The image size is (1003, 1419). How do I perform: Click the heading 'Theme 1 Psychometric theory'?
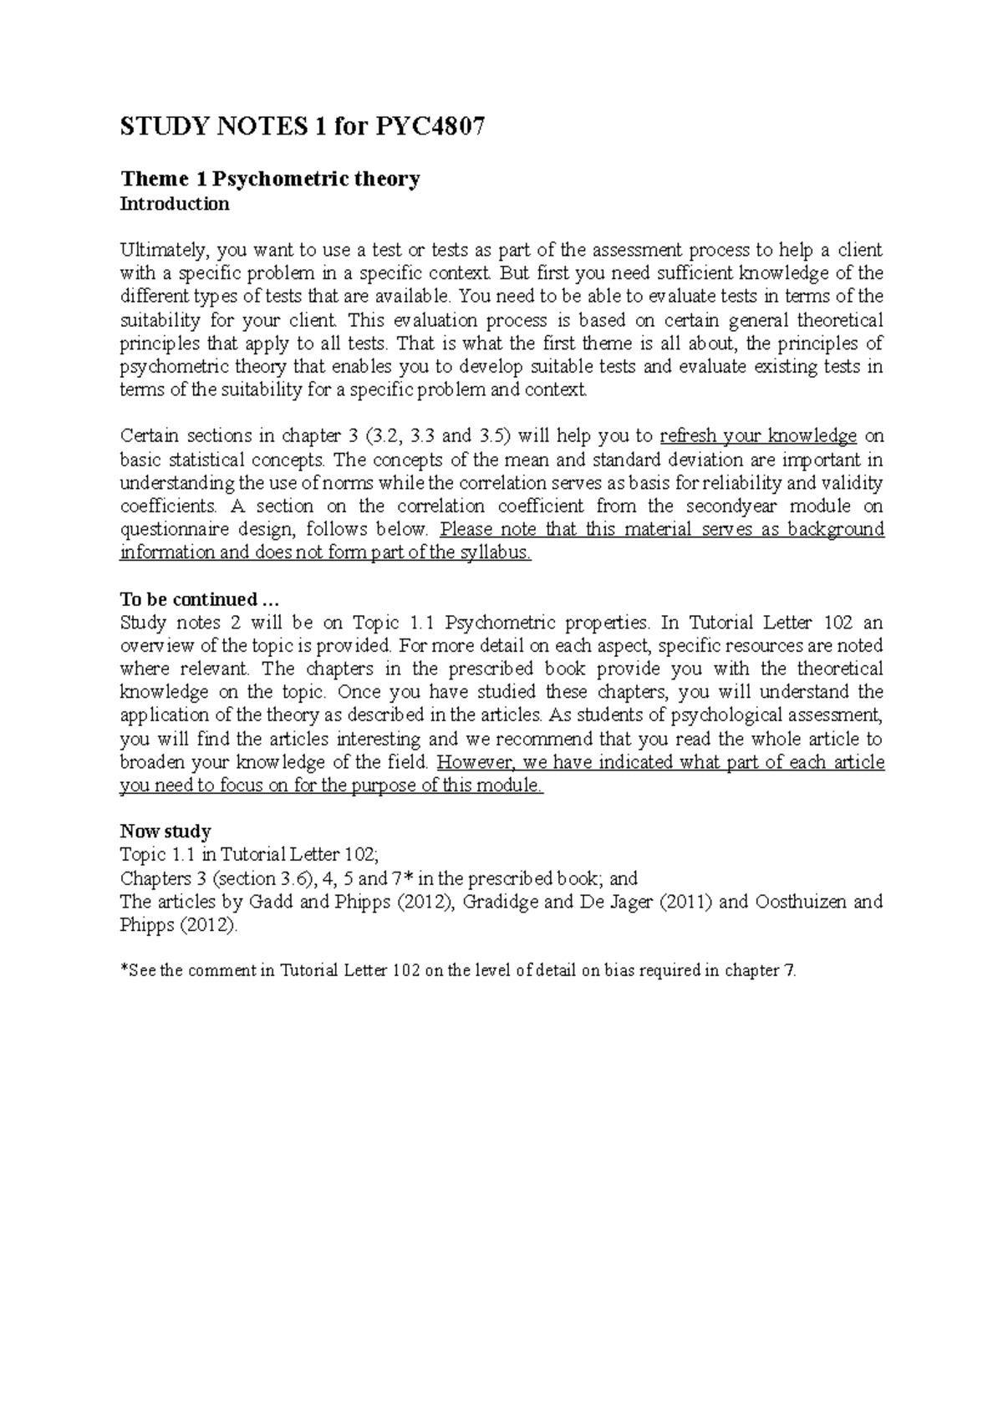tap(270, 179)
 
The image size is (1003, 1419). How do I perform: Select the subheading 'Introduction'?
tap(175, 204)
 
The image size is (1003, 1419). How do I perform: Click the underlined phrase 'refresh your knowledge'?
tap(758, 436)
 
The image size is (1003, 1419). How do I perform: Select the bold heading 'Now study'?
tap(165, 832)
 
